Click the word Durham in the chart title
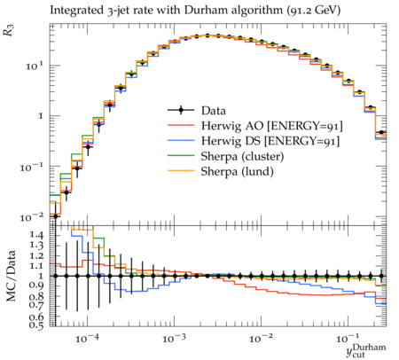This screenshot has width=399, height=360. pyautogui.click(x=204, y=10)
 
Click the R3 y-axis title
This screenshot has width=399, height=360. pyautogui.click(x=9, y=30)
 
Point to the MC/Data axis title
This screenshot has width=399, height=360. pyautogui.click(x=11, y=276)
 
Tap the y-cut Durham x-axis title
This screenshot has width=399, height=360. pyautogui.click(x=366, y=350)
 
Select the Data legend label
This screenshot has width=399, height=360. pyautogui.click(x=214, y=111)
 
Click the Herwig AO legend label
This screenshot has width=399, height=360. pyautogui.click(x=272, y=126)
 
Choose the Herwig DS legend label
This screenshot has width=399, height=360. pyautogui.click(x=270, y=141)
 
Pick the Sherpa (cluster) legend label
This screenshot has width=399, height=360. pyautogui.click(x=242, y=156)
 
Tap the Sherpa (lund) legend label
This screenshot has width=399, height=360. pyautogui.click(x=237, y=171)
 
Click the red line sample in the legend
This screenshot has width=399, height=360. pyautogui.click(x=181, y=125)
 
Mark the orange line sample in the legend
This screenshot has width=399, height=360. pyautogui.click(x=181, y=171)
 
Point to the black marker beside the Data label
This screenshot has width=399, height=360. pyautogui.click(x=181, y=110)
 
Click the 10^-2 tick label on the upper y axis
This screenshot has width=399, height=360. pyautogui.click(x=32, y=217)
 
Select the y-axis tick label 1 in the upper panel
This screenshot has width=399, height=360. pyautogui.click(x=41, y=115)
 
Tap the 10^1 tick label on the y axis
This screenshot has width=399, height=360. pyautogui.click(x=35, y=66)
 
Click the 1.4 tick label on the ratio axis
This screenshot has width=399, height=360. pyautogui.click(x=36, y=235)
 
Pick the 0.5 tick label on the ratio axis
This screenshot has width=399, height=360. pyautogui.click(x=36, y=325)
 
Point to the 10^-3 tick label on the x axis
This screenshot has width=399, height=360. pyautogui.click(x=174, y=338)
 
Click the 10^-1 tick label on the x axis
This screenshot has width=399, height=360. pyautogui.click(x=348, y=338)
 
